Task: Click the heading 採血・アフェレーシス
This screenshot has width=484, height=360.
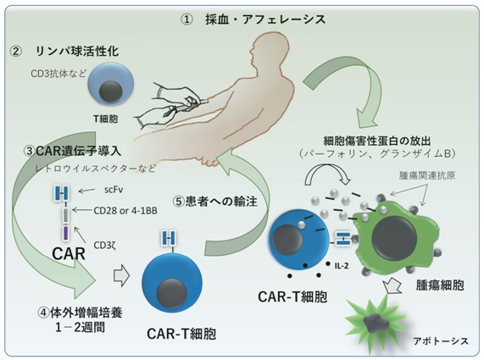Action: [x=265, y=19]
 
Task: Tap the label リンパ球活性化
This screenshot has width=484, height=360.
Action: [x=77, y=51]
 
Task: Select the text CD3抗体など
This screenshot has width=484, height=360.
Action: [x=58, y=74]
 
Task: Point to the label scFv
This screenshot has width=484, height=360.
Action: [x=114, y=190]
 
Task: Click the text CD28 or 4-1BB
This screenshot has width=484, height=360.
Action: [x=125, y=211]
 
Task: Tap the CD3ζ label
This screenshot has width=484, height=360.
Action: [x=104, y=245]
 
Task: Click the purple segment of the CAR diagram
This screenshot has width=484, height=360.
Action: [x=66, y=233]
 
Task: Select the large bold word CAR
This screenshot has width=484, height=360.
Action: [x=69, y=254]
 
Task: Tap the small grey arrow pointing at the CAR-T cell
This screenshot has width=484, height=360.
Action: [x=121, y=275]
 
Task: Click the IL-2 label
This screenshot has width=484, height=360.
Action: [x=342, y=265]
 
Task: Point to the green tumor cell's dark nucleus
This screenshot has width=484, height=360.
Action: [x=394, y=236]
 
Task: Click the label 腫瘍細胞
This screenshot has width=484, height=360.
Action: [x=440, y=285]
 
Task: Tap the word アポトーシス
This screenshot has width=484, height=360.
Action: [x=441, y=341]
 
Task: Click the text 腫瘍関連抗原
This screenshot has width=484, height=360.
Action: [x=427, y=175]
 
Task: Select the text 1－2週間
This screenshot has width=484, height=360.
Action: [x=81, y=327]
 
